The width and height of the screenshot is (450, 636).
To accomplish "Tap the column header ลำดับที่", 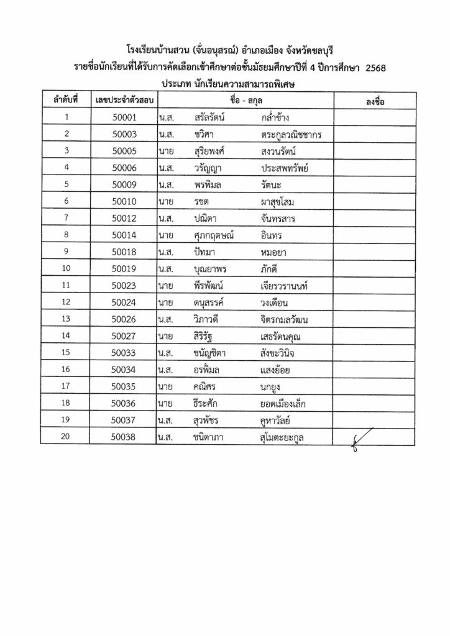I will [65, 101].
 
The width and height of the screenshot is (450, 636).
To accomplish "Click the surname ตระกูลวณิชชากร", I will [295, 134].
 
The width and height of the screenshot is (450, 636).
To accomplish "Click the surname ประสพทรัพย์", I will [286, 167].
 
